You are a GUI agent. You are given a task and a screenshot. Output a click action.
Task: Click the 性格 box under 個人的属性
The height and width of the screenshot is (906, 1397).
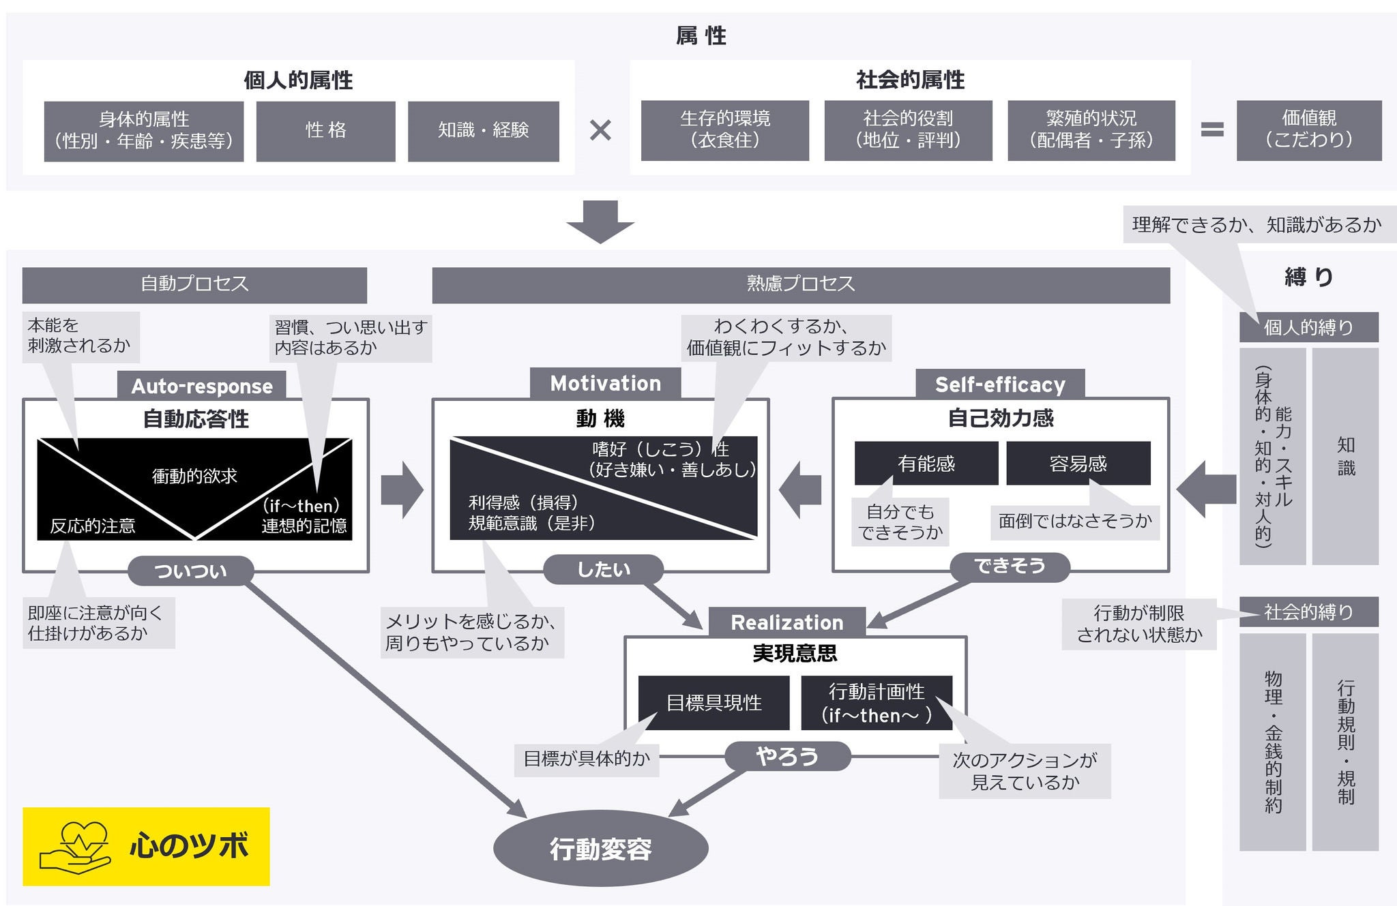point(325,131)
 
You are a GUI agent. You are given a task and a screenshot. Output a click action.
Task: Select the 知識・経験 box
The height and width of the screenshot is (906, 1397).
point(483,131)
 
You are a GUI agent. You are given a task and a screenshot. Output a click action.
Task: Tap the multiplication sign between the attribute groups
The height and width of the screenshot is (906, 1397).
point(600,130)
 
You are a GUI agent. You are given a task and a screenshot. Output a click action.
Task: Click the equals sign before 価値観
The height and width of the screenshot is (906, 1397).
point(1212,130)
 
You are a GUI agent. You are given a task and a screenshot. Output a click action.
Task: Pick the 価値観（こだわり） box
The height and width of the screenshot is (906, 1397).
point(1308,130)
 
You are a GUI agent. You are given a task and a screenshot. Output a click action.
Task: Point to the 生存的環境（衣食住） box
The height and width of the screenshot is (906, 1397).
point(724,130)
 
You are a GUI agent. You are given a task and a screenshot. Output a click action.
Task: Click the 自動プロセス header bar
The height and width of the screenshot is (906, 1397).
point(194,284)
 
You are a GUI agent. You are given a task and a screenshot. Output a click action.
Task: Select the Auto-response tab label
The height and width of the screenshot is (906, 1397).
point(202,386)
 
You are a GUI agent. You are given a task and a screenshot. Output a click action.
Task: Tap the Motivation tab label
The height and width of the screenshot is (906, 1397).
point(605,384)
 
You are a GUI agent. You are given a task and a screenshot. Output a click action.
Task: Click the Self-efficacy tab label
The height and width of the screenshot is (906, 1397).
point(999,385)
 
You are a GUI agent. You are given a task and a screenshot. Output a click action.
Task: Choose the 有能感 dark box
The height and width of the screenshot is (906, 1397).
point(926,464)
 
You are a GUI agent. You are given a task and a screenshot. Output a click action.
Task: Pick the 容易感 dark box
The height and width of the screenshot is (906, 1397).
point(1078,464)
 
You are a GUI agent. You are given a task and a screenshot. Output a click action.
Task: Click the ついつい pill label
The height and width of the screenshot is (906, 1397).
point(190,571)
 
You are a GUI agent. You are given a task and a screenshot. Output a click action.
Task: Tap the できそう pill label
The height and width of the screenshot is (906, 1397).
point(1010,567)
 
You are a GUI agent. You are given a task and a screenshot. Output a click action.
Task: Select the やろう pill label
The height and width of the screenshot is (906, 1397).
point(787,756)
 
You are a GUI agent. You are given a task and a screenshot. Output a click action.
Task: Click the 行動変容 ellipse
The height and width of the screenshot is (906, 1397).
point(600,849)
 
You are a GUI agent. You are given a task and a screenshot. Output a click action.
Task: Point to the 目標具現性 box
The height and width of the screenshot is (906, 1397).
point(714,703)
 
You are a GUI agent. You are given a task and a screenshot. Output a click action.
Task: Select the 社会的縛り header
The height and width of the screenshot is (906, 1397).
point(1308,612)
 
